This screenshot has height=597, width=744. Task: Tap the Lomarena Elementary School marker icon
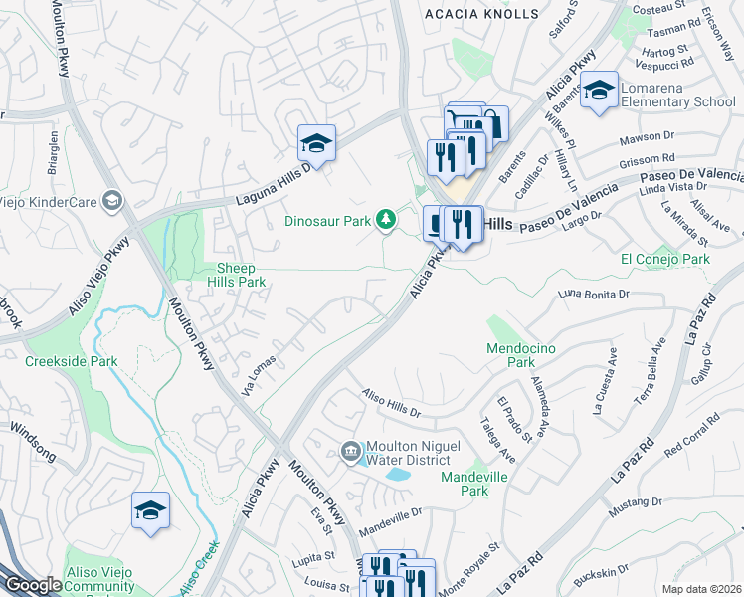tap(599, 91)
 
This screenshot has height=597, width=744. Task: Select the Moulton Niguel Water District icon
tap(350, 452)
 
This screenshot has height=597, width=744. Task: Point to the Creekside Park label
tap(72, 362)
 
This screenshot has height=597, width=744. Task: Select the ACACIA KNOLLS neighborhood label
tap(480, 14)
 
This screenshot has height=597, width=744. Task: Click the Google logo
tap(33, 585)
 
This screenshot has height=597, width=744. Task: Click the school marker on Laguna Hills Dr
tap(316, 144)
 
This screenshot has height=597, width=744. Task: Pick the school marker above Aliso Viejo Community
tap(150, 511)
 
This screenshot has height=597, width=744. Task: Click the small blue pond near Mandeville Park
tap(398, 475)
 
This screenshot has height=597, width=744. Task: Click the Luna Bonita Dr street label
tap(595, 294)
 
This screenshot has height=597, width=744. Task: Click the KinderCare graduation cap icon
tap(113, 202)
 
